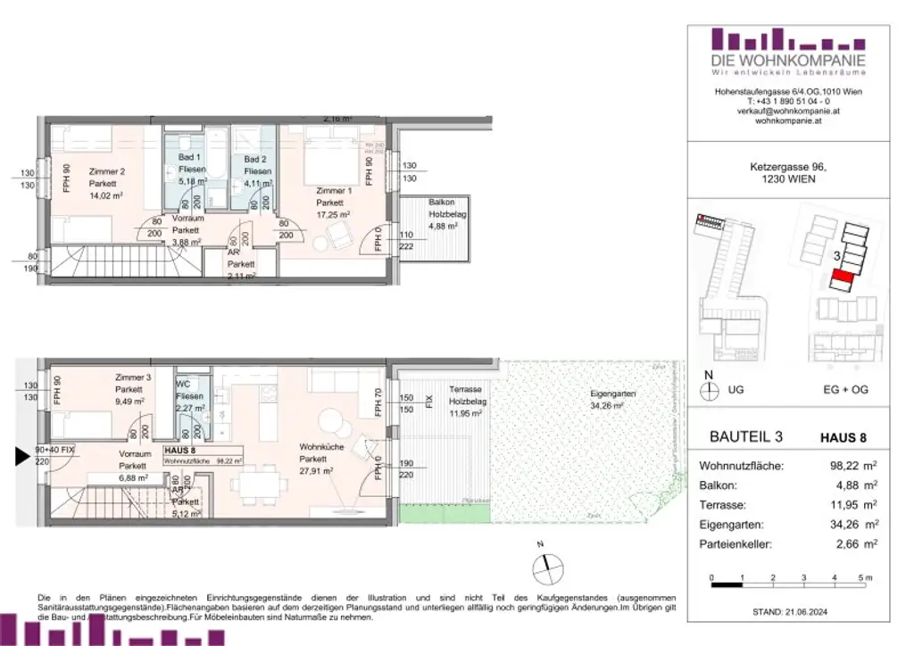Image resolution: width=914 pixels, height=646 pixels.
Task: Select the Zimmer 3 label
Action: [x=133, y=378]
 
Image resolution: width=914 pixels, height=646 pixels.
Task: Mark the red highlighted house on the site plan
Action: [x=842, y=281]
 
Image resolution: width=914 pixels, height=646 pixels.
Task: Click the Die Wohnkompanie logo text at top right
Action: [x=788, y=61]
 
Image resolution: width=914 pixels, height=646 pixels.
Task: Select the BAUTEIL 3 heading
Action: [x=745, y=437]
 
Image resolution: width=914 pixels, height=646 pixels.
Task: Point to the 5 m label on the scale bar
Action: [x=863, y=578]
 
